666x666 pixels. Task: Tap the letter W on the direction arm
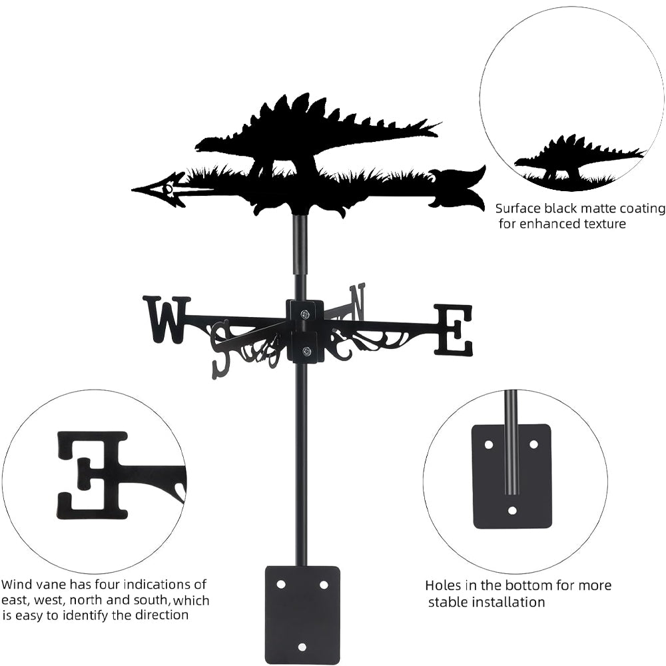(166, 319)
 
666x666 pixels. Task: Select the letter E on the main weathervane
(454, 330)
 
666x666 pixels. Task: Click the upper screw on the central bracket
(304, 314)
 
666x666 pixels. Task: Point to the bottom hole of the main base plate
(302, 647)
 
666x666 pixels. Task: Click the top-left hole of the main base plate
(280, 584)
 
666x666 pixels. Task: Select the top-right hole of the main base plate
(324, 584)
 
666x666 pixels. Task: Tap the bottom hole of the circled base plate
(512, 511)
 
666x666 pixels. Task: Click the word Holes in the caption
(443, 585)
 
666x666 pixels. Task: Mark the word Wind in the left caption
(16, 585)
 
